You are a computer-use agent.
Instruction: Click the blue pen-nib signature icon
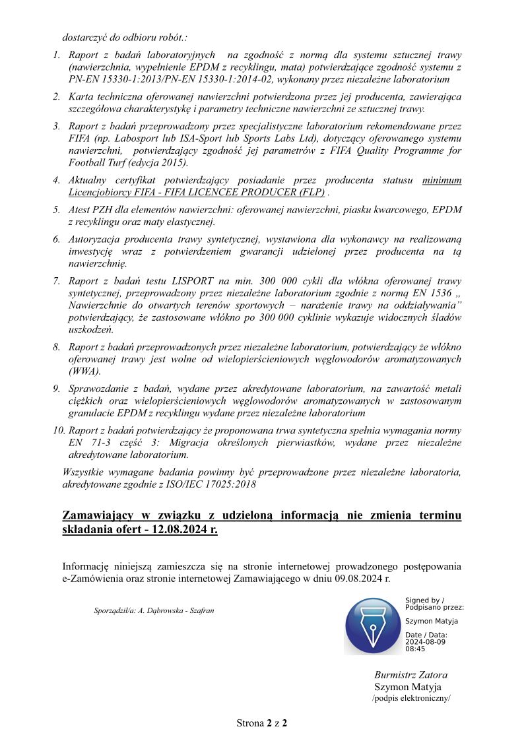372,626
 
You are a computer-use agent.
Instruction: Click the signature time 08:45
415,649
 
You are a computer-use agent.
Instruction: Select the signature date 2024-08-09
426,641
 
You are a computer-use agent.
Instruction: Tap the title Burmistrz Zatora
410,675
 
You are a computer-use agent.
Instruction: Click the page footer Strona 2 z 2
262,723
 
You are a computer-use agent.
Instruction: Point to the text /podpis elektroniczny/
411,697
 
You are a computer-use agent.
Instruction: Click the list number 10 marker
58,430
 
